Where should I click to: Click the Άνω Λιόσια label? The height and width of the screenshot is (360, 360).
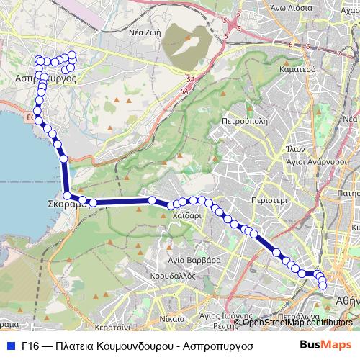[291, 7]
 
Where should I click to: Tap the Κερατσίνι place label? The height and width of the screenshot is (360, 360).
[111, 317]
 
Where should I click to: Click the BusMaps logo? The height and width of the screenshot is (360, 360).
[325, 345]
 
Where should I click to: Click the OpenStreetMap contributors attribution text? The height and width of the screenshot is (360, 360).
[297, 322]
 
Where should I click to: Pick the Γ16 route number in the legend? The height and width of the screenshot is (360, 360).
[30, 346]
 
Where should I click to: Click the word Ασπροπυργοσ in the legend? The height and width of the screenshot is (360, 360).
[211, 346]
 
